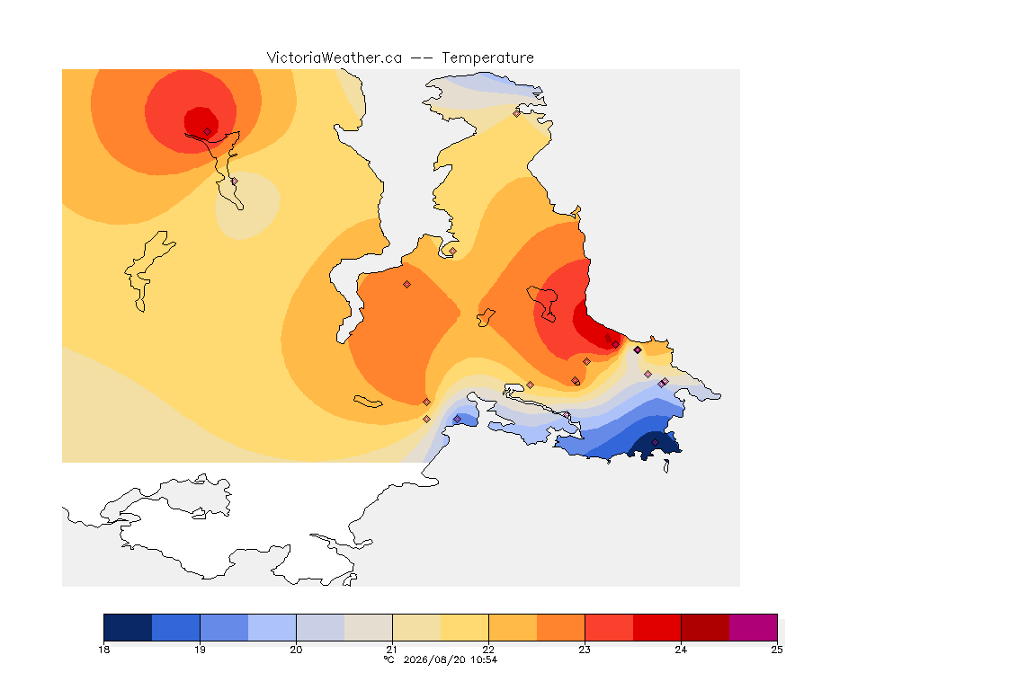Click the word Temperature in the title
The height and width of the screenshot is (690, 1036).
(x=487, y=58)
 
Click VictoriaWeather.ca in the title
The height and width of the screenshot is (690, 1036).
(x=335, y=58)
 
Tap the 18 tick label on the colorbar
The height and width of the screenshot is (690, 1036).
(x=103, y=650)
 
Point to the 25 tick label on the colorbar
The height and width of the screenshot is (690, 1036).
(x=777, y=650)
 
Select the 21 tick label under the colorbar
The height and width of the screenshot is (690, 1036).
(x=392, y=650)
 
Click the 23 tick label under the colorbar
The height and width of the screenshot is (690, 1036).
(x=585, y=650)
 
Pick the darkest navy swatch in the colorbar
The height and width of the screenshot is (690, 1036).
(x=129, y=627)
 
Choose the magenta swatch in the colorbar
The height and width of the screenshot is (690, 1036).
(x=754, y=627)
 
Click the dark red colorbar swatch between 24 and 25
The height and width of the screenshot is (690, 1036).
(x=705, y=627)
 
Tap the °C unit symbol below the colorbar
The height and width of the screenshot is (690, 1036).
(x=388, y=659)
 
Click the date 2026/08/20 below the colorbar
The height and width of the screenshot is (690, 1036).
(x=434, y=659)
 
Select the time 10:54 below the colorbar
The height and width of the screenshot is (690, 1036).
(x=484, y=659)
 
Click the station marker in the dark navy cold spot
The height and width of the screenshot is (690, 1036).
(x=655, y=442)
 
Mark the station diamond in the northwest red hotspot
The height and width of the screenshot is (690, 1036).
(x=208, y=132)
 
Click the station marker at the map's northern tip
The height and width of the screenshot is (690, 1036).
(x=517, y=113)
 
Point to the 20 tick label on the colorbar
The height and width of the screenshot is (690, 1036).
(x=296, y=650)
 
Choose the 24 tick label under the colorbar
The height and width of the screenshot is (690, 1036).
(x=681, y=650)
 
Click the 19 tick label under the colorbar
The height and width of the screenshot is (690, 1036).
(x=201, y=650)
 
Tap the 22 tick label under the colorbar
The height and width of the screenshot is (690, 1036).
(x=488, y=650)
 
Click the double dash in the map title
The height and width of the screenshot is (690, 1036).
(x=422, y=58)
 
